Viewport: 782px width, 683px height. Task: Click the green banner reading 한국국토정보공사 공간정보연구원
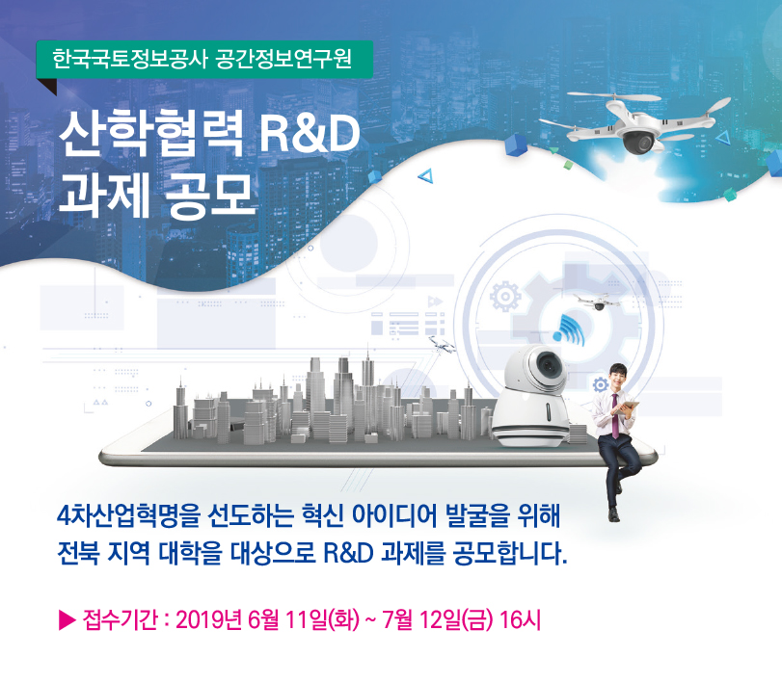click(x=204, y=60)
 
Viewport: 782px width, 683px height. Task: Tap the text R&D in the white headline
click(x=310, y=133)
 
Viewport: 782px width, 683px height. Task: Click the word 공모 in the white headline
click(x=209, y=196)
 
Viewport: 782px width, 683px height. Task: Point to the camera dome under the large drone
click(x=638, y=141)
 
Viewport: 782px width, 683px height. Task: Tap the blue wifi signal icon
click(x=569, y=329)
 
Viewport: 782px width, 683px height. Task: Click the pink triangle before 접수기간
click(x=67, y=620)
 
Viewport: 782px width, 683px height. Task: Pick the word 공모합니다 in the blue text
click(x=510, y=553)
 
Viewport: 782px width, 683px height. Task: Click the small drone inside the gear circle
click(x=597, y=302)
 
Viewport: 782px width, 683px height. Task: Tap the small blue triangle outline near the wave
click(x=425, y=176)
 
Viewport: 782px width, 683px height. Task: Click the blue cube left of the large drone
click(x=518, y=145)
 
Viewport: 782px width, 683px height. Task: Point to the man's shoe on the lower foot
click(x=614, y=515)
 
